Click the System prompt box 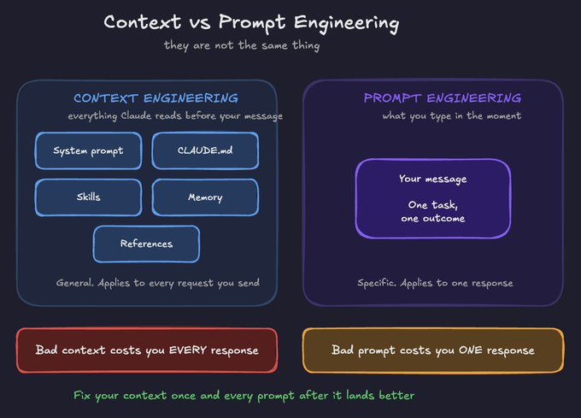tap(88, 150)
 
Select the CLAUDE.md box tap(205, 150)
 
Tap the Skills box tap(88, 197)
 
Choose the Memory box tap(205, 197)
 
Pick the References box tap(146, 244)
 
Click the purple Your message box tap(433, 198)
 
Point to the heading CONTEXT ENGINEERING tap(156, 98)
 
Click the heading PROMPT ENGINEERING tap(443, 98)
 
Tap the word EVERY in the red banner tap(187, 350)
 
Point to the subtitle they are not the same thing tap(242, 45)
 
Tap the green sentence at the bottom tap(244, 396)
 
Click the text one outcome tap(433, 219)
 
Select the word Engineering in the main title tap(346, 23)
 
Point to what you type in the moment tap(452, 116)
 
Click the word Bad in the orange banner tap(342, 350)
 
